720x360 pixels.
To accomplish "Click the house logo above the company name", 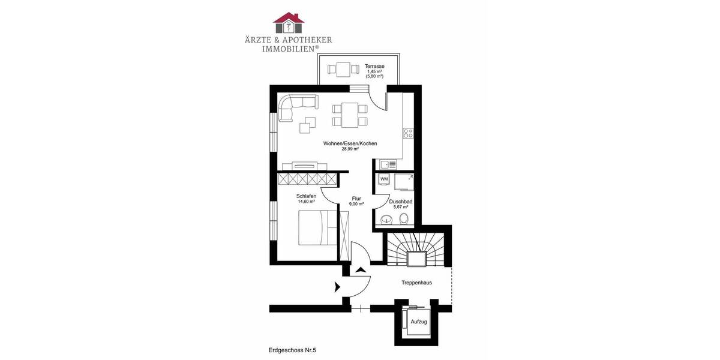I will (x=289, y=22).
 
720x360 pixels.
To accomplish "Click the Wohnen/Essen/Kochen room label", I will (x=350, y=143).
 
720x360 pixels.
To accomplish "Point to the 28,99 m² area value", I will (x=350, y=149).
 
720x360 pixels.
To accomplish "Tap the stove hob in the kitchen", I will (x=408, y=133).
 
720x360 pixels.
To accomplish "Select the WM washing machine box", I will (x=384, y=179).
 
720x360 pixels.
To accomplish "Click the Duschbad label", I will (x=401, y=202).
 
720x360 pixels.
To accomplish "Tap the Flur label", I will (x=356, y=199).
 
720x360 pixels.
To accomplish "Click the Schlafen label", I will (x=306, y=196).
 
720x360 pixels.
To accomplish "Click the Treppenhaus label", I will (x=416, y=282).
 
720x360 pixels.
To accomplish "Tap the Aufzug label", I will (x=418, y=322).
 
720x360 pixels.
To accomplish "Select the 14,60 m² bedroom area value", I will (x=306, y=202).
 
